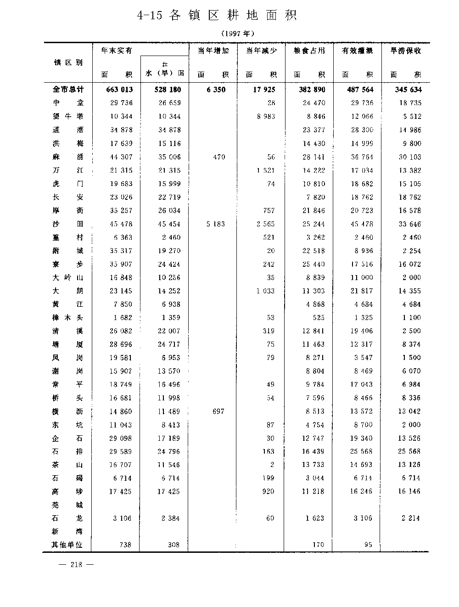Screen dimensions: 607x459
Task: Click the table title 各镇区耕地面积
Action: (x=217, y=15)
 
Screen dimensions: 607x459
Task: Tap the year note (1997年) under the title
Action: (x=237, y=34)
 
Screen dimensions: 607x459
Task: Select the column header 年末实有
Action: (x=117, y=51)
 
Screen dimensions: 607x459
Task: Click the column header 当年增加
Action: (x=213, y=51)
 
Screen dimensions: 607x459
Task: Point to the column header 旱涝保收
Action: (x=406, y=51)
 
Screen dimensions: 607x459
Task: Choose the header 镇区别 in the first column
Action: (x=68, y=62)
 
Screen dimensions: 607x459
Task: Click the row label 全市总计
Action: (x=68, y=90)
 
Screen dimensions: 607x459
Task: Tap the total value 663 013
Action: (x=119, y=90)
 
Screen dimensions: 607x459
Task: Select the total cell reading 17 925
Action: (x=264, y=90)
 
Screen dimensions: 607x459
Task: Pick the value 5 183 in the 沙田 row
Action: (x=215, y=224)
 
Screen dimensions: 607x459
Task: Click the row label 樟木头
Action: (x=68, y=317)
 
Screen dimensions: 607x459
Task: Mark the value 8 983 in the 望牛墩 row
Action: (x=266, y=117)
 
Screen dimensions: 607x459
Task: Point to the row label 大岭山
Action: (x=68, y=277)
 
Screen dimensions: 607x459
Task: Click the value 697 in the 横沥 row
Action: (x=218, y=411)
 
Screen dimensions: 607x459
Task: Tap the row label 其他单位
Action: (x=67, y=545)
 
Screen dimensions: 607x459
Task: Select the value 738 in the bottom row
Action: (x=125, y=545)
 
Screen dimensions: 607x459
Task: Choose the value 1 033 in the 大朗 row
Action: (x=265, y=291)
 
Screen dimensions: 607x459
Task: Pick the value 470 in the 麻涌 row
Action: (x=219, y=157)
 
